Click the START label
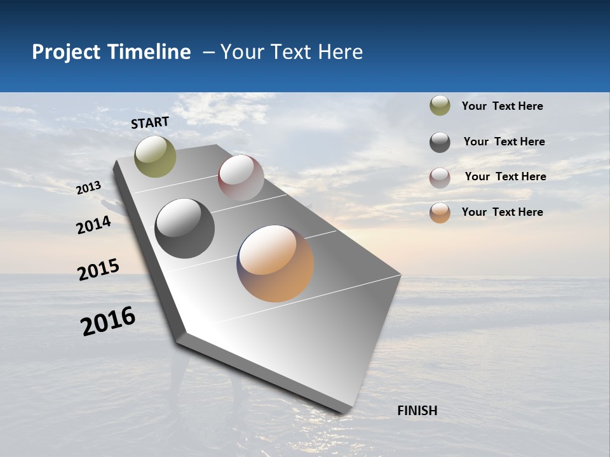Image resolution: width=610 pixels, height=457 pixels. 150,123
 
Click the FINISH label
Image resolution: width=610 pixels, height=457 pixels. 417,411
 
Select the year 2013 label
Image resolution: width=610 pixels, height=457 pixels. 88,187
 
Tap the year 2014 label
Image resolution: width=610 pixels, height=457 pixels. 93,225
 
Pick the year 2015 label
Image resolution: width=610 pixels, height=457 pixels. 98,269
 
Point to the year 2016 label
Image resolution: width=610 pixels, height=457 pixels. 108,321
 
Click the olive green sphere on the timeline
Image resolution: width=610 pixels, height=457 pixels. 155,156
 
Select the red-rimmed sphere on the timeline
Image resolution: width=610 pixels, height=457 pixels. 241,178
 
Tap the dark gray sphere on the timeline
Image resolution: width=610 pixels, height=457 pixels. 185,228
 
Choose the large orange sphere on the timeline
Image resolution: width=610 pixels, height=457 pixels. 275,263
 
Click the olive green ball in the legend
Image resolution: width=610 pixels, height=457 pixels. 440,106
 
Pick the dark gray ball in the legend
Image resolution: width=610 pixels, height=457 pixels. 440,142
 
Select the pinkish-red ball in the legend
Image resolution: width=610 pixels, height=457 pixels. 440,178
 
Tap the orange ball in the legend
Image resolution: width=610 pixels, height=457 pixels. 440,213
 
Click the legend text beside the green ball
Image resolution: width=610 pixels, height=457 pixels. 502,107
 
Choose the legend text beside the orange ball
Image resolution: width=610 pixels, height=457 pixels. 502,212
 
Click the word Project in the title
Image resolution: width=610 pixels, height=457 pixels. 66,52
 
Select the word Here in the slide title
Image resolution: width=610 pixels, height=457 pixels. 340,52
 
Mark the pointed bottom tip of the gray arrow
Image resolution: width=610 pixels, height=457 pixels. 344,411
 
